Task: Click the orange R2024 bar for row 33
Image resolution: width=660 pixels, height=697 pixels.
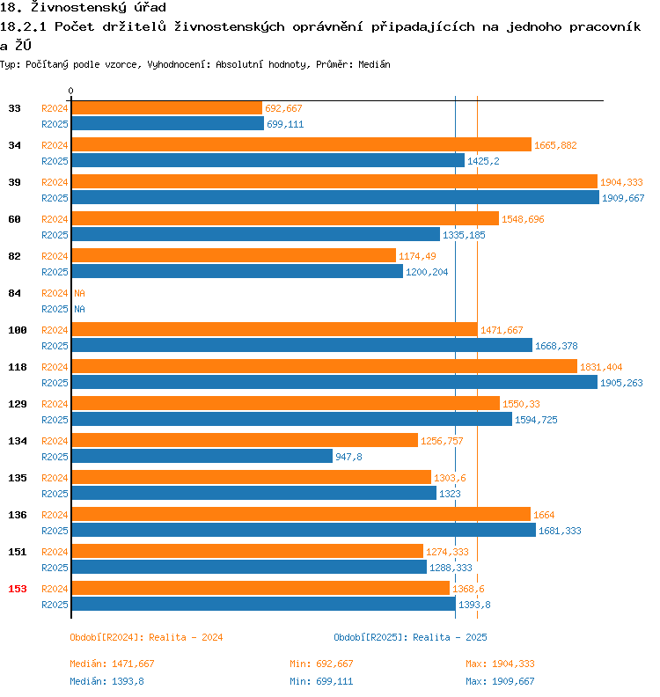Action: click(x=166, y=108)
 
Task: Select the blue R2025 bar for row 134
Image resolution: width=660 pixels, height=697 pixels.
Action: click(x=202, y=457)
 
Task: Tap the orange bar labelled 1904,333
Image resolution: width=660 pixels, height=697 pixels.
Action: click(x=334, y=182)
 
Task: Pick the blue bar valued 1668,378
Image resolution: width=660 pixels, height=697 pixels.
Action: click(x=301, y=346)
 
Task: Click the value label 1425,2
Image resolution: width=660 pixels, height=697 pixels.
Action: click(x=483, y=161)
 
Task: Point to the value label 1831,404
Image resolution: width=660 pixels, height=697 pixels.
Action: click(x=603, y=367)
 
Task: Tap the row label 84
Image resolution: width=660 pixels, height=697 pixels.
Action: click(x=14, y=293)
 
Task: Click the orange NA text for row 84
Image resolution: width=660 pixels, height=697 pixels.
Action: click(x=79, y=293)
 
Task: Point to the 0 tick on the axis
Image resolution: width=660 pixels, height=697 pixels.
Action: click(x=71, y=92)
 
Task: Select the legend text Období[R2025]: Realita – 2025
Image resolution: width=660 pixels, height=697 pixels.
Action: click(x=410, y=637)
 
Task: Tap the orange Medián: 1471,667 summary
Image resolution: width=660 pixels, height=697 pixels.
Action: click(x=112, y=664)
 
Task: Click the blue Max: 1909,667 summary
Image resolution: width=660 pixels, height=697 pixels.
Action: click(x=500, y=681)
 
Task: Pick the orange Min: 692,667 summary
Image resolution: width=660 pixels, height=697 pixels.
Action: click(x=321, y=664)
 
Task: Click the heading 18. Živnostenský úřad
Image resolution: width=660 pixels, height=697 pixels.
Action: click(x=84, y=8)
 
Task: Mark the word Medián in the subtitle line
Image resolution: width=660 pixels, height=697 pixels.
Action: click(x=375, y=64)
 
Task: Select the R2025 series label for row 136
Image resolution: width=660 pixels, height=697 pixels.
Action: click(x=55, y=531)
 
